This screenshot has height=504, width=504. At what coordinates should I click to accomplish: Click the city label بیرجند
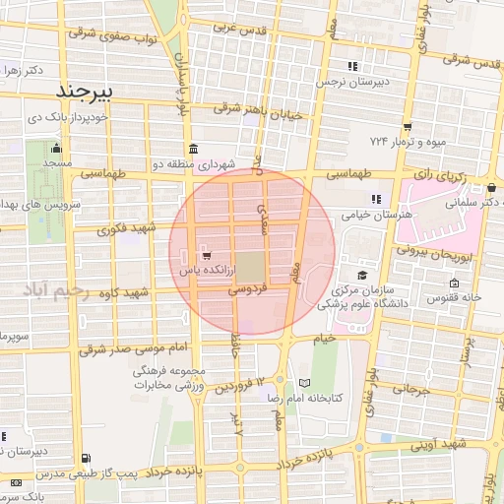[x=87, y=92]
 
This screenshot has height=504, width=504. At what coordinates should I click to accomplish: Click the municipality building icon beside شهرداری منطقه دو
[x=190, y=151]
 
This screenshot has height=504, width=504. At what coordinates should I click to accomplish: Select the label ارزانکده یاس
[x=204, y=268]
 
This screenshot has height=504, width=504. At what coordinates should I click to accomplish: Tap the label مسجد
[x=57, y=163]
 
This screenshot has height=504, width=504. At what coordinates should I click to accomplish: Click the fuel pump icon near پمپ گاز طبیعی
[x=88, y=458]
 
